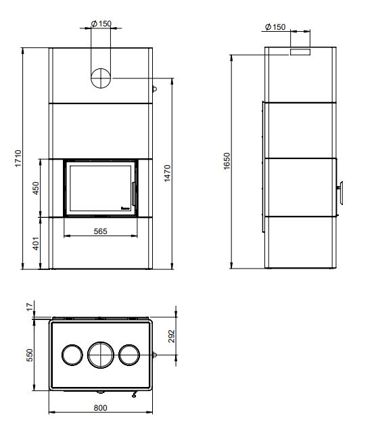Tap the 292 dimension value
coord(171,336)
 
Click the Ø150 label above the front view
coord(101,24)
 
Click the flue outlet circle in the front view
coord(100,78)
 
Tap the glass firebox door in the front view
coord(99,187)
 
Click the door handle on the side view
coord(342,192)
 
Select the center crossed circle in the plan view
coord(100,354)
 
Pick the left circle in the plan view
coord(71,354)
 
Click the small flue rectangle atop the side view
coord(300,51)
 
